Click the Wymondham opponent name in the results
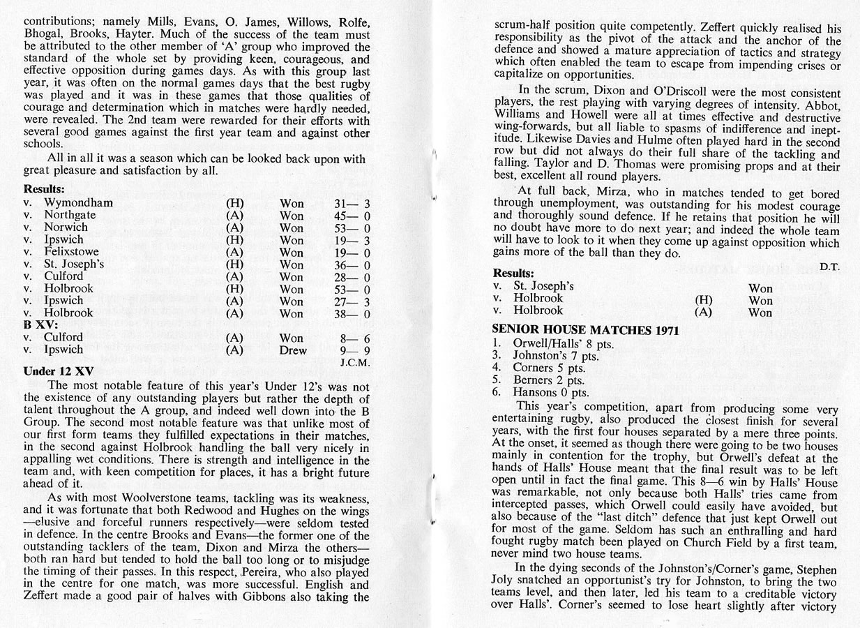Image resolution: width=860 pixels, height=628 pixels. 78,203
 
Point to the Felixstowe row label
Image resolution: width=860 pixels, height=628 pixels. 71,252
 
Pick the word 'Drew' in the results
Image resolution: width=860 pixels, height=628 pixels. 293,350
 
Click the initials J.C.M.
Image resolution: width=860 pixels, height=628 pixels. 354,363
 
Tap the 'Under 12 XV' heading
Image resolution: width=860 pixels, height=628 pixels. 59,371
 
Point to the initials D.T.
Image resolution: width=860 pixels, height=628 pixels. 829,266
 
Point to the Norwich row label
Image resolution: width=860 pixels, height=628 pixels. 66,227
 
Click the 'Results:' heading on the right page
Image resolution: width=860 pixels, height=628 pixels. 513,273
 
